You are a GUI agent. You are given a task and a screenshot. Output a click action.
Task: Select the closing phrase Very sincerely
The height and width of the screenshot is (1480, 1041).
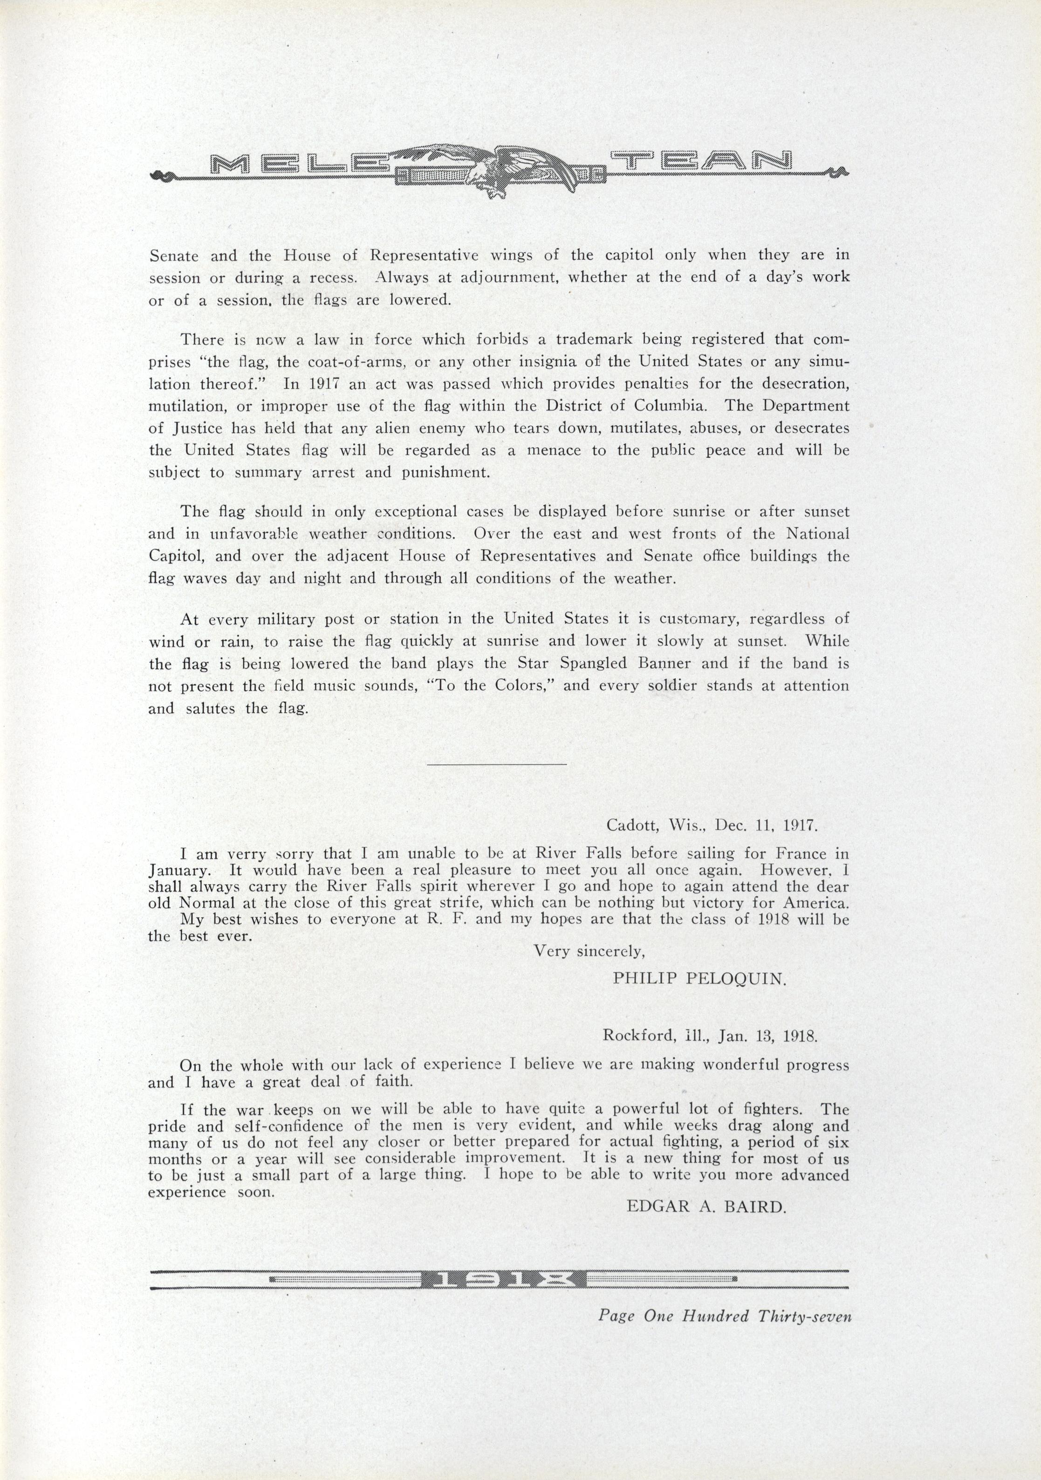pyautogui.click(x=589, y=951)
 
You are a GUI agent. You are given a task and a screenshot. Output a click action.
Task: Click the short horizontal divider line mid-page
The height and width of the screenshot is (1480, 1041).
pyautogui.click(x=497, y=764)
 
